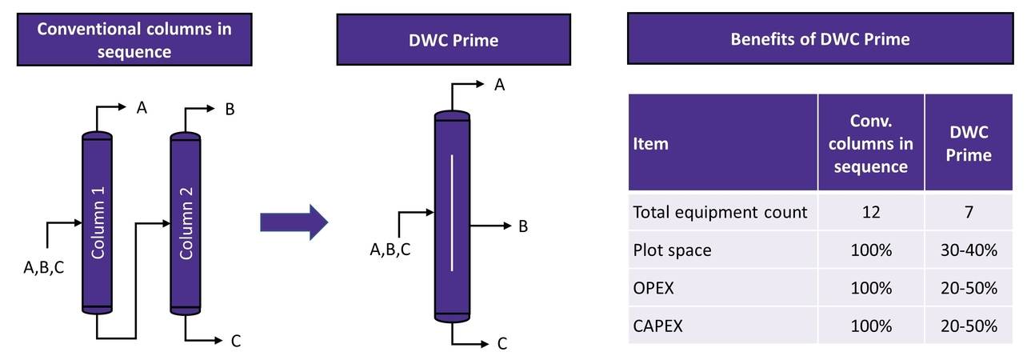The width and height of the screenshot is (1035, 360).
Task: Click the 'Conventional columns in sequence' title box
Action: [x=134, y=40]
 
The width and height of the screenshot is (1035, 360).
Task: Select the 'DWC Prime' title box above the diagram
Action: [x=454, y=40]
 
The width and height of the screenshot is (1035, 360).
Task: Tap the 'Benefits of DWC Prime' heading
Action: [x=820, y=38]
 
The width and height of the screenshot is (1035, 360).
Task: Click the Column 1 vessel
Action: [x=98, y=224]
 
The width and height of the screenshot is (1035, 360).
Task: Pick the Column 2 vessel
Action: [x=186, y=224]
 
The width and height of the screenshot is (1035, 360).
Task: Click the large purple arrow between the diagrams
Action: [x=294, y=222]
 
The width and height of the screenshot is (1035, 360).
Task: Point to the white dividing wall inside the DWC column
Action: [x=452, y=213]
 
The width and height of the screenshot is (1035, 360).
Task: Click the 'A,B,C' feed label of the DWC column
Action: [x=390, y=250]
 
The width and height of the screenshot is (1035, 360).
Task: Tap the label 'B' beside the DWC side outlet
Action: [x=523, y=226]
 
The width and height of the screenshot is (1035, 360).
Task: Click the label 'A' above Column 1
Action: [x=141, y=108]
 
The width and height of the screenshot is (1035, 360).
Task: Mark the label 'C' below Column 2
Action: [x=235, y=342]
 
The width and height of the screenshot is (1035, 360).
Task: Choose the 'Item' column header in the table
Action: [x=650, y=144]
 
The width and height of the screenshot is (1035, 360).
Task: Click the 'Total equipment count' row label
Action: [x=720, y=212]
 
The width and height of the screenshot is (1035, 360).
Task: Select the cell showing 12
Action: [x=870, y=212]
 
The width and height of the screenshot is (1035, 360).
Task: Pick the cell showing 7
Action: [x=969, y=212]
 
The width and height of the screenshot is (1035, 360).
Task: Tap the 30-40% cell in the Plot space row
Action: [x=969, y=250]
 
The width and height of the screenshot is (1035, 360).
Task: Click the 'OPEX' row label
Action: [x=653, y=288]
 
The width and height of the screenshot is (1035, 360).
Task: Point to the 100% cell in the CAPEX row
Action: [x=870, y=326]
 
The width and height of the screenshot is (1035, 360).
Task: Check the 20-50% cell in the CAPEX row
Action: [x=969, y=326]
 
